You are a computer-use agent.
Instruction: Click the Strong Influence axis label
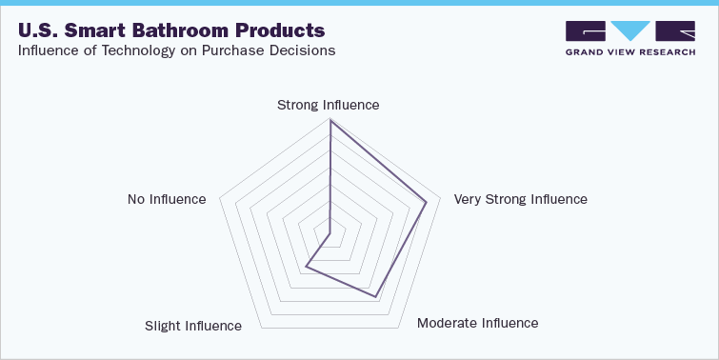328,105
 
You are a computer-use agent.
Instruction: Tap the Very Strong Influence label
520,199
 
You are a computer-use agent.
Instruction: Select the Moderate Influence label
477,323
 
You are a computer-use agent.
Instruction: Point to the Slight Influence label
193,326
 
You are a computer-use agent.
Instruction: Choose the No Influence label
167,199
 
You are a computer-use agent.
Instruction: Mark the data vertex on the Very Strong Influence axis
426,202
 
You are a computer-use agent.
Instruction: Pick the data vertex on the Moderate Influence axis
375,295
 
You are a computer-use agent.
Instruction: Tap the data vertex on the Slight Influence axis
307,268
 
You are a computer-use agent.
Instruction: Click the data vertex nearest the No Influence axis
327,232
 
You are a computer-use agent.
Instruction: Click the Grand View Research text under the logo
629,52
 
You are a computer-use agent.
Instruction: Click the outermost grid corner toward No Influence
220,199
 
